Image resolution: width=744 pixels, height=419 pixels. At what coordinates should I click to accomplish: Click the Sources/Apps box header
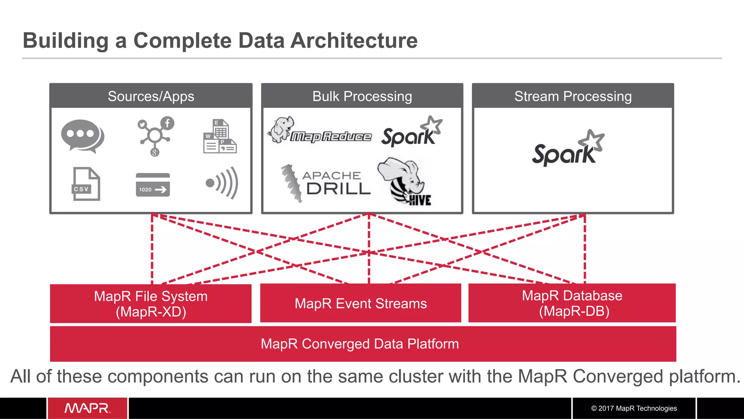click(x=151, y=96)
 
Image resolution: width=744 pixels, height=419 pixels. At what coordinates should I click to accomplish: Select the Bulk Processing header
click(x=362, y=96)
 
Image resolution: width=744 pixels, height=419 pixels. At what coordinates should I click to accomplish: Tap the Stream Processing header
click(x=573, y=96)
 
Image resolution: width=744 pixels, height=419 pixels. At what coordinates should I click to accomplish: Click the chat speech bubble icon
click(x=82, y=136)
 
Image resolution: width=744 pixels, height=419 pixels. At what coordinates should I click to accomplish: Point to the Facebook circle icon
click(x=167, y=123)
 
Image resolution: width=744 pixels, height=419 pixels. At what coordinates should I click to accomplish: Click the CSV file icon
click(x=86, y=184)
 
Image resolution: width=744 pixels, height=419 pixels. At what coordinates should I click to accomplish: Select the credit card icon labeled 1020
click(x=153, y=185)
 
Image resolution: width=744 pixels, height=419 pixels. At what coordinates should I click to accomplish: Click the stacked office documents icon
click(x=219, y=137)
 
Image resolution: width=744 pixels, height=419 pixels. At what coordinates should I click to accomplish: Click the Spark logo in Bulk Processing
click(x=412, y=133)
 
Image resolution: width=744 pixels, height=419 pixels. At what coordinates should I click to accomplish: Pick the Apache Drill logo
click(x=326, y=184)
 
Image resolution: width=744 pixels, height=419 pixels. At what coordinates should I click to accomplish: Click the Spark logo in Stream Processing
click(x=567, y=149)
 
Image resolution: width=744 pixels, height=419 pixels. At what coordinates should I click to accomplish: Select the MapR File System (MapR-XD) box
click(x=151, y=303)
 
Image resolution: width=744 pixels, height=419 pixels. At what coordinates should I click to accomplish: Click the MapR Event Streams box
click(x=360, y=303)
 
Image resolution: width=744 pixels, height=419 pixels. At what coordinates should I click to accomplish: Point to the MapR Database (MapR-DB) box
click(x=572, y=303)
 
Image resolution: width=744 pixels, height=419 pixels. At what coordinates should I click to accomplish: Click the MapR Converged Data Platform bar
click(x=360, y=344)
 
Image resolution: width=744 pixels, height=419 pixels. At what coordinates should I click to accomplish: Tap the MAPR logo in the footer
click(x=87, y=408)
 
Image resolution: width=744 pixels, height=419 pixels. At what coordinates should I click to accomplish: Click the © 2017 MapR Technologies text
click(x=634, y=408)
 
